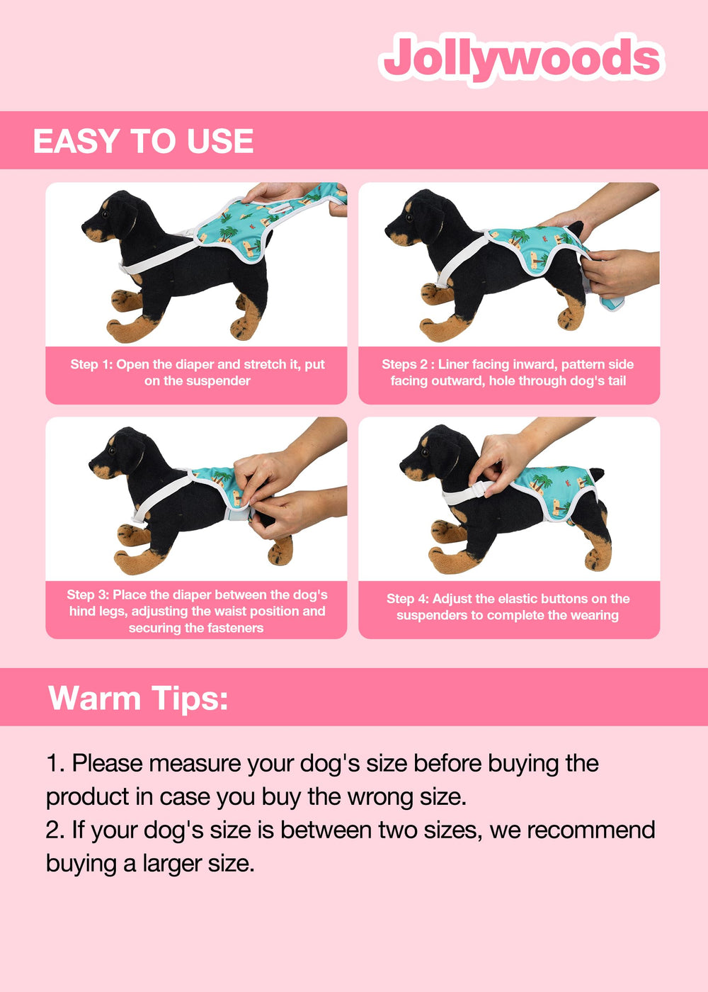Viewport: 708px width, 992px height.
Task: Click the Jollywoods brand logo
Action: pos(522,60)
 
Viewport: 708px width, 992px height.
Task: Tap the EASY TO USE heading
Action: pos(143,141)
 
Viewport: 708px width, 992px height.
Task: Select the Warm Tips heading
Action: pos(138,699)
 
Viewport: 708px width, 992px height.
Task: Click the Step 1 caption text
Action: pos(198,373)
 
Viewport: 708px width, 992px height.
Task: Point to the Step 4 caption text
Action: pos(508,607)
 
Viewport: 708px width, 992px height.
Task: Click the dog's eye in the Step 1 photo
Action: pos(105,214)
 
